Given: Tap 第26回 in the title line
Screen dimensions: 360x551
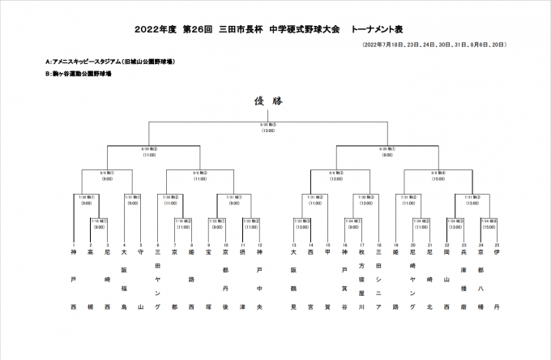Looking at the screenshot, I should click(x=195, y=28).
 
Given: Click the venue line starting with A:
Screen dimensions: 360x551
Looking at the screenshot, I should click(x=113, y=62).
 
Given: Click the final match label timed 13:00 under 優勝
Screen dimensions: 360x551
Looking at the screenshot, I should click(x=268, y=127).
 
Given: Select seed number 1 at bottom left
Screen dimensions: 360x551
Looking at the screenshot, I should click(x=74, y=246).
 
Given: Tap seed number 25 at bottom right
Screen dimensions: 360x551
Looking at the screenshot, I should click(x=497, y=246).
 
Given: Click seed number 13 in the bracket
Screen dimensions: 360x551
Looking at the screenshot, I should click(x=294, y=246).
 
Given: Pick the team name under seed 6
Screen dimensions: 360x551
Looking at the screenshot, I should click(x=158, y=280).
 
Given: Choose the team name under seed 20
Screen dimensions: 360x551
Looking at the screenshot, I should click(x=412, y=280).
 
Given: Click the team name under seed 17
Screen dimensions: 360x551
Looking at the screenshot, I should click(x=361, y=280).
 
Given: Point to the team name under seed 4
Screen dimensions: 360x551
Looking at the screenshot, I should click(x=124, y=280).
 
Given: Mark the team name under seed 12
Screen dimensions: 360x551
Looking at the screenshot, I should click(x=259, y=280).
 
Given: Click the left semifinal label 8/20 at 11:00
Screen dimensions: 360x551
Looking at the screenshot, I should click(x=149, y=152).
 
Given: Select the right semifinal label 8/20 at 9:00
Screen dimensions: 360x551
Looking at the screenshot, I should click(x=387, y=152).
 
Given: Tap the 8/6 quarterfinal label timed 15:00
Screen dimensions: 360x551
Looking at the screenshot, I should click(x=438, y=175).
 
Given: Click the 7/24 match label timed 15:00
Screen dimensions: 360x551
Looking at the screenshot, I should click(x=489, y=222).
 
